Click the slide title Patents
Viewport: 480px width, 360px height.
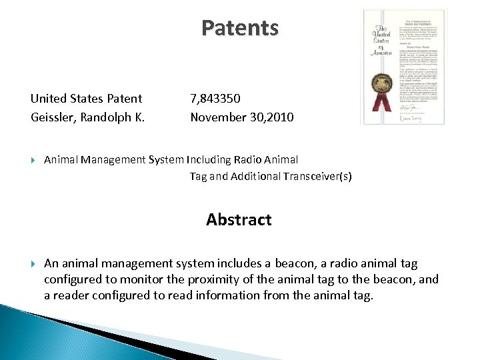tap(240, 28)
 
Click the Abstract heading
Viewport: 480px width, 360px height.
tap(239, 220)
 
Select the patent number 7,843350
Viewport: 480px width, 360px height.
tap(215, 99)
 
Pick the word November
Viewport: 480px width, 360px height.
tap(217, 118)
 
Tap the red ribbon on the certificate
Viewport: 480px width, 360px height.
tap(381, 105)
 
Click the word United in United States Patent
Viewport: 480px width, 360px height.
tap(48, 99)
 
